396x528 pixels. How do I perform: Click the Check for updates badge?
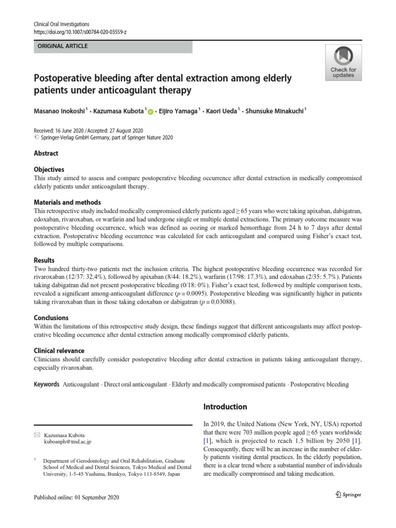(343, 62)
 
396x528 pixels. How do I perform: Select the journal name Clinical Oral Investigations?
(61, 24)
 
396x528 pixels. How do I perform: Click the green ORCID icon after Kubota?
(151, 111)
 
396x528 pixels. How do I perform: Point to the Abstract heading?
(46, 153)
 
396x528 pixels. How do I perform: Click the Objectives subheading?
(49, 169)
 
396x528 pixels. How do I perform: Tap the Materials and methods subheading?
(67, 203)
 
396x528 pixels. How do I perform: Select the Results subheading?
(44, 260)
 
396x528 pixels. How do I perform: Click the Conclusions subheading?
(51, 318)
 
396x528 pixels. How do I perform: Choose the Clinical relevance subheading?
(59, 351)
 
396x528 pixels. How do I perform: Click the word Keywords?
(47, 385)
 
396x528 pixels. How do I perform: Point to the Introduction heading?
(226, 407)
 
